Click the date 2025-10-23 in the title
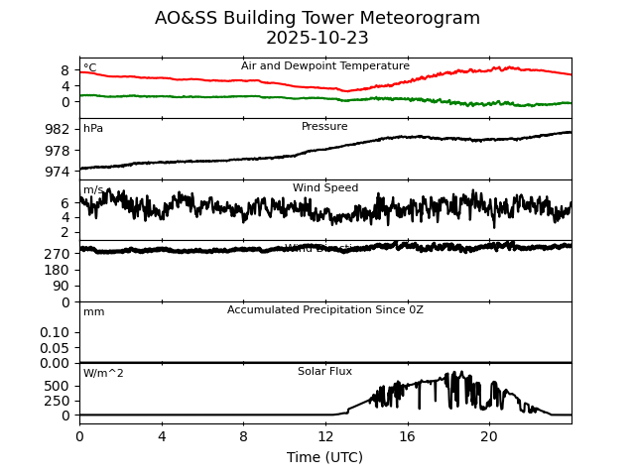(x=317, y=39)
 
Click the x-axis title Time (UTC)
(x=324, y=457)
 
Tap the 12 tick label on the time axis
(x=325, y=436)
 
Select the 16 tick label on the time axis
(x=407, y=436)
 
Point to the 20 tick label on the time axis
(x=489, y=436)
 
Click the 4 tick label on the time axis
(x=162, y=436)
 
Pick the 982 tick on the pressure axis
(x=58, y=129)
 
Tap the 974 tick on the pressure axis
(x=58, y=172)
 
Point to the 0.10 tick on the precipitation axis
(x=55, y=332)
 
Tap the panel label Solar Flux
(x=324, y=372)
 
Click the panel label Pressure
(x=324, y=127)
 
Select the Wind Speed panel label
(x=325, y=188)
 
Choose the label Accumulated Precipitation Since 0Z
(x=325, y=310)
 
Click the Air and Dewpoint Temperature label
(x=325, y=66)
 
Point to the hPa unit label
(x=93, y=129)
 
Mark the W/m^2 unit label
(x=103, y=374)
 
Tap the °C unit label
(x=90, y=68)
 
